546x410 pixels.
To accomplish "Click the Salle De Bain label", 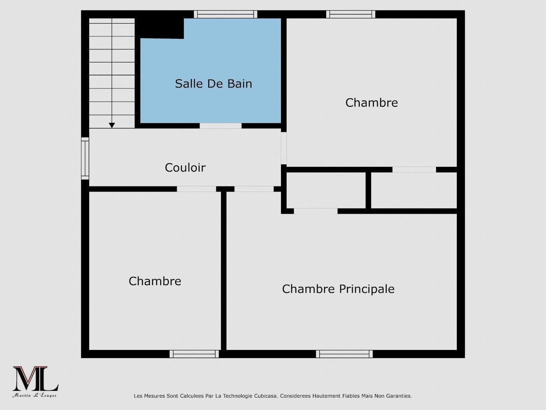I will (x=213, y=84).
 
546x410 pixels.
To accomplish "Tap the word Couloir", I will (x=185, y=167).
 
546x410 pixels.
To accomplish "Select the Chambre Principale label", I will (x=338, y=289).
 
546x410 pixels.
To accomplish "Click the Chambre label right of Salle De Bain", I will (x=371, y=102).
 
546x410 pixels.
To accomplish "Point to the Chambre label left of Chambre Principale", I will (x=155, y=281).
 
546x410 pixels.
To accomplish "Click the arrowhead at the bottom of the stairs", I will (x=112, y=125).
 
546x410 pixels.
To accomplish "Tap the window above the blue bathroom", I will (x=225, y=14).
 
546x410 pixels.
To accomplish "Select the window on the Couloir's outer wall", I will (x=85, y=158).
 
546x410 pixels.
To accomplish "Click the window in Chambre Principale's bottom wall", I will (x=344, y=354).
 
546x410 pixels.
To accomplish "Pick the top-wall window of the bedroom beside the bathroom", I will (x=351, y=14).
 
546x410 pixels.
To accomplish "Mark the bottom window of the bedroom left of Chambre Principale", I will (x=194, y=354).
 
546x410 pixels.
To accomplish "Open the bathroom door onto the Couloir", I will (x=221, y=126).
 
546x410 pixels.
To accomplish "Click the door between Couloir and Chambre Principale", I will (x=254, y=189).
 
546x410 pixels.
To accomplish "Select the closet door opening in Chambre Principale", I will (x=315, y=211).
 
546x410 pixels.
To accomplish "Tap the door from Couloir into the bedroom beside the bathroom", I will (x=284, y=148).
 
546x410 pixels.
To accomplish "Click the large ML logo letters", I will (x=35, y=379).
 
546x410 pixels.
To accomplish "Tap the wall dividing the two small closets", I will (x=368, y=190).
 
